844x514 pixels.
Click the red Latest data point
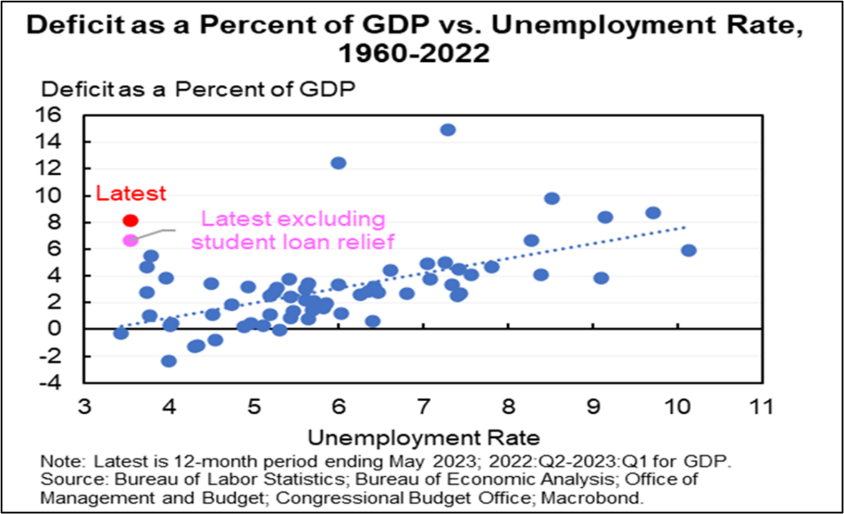[x=130, y=220]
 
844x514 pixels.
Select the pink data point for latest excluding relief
[x=130, y=240]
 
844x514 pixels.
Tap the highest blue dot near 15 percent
[x=448, y=130]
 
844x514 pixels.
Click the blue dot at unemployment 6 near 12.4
[x=338, y=163]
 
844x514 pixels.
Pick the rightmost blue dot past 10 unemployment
[x=688, y=250]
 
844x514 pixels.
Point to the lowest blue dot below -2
[x=168, y=361]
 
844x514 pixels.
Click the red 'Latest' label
[x=132, y=193]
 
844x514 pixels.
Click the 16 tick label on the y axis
[x=64, y=115]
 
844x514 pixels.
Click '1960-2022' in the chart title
[x=414, y=54]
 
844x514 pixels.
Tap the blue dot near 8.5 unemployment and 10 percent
[x=551, y=198]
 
